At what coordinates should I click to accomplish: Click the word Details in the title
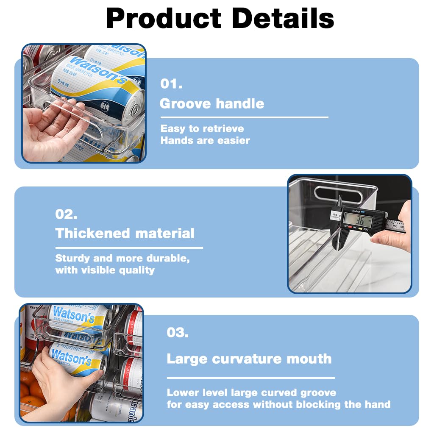pos(283,19)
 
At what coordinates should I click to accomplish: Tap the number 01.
pos(171,83)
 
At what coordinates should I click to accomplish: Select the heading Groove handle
pos(211,103)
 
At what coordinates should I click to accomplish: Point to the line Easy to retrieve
pos(202,128)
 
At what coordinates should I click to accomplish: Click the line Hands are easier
pos(205,140)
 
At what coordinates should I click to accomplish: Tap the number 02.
pos(67,214)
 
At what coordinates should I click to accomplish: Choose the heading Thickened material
pos(125,233)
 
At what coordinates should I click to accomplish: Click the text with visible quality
pos(105,270)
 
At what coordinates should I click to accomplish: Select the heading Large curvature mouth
pos(249,359)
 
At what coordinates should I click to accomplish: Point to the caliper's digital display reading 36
pos(358,220)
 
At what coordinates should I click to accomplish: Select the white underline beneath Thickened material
pos(129,248)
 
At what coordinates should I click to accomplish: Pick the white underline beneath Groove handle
pos(244,117)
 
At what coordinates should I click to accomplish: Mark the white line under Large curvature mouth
pos(250,378)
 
